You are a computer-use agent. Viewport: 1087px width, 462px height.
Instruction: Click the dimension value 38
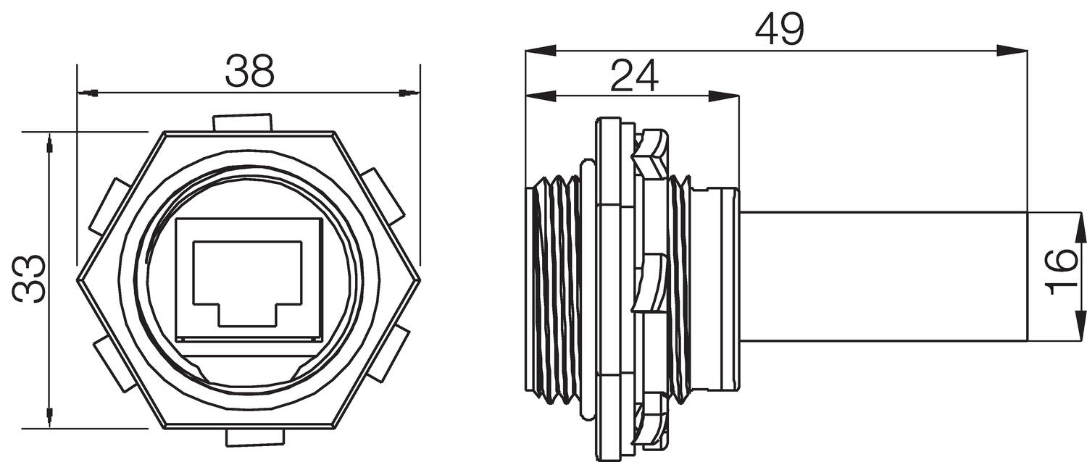pos(249,71)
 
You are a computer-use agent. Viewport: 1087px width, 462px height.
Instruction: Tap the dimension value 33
pos(30,279)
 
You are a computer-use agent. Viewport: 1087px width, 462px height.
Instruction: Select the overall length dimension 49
pos(779,30)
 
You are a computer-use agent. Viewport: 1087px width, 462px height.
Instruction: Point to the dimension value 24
pos(633,75)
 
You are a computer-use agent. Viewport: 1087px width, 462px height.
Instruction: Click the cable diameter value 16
pos(1062,271)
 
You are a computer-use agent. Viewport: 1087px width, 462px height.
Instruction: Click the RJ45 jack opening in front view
pos(247,283)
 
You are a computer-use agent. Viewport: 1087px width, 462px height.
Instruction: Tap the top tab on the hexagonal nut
pos(242,122)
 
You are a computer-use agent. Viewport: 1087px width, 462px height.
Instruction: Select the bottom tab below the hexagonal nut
pos(254,437)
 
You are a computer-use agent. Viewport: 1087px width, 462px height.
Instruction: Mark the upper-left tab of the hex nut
pos(109,207)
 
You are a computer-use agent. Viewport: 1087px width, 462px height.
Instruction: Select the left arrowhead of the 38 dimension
pos(89,93)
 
